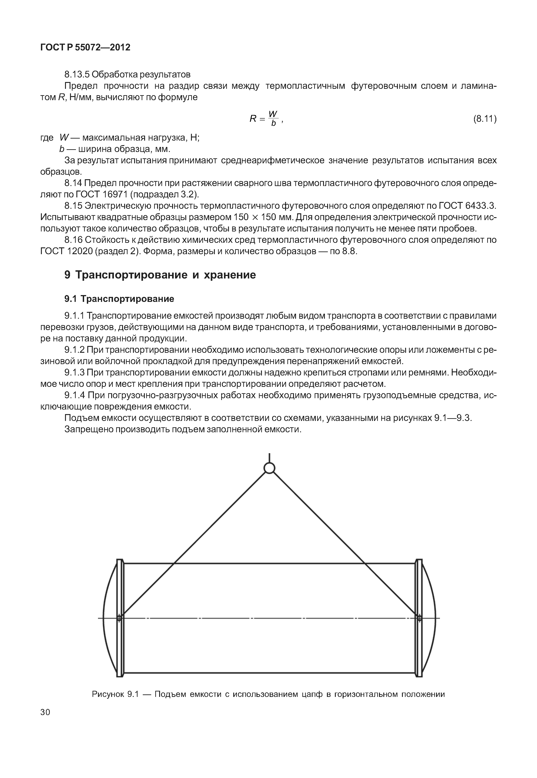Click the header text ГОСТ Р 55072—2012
85,47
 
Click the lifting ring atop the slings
269,468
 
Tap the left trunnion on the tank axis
119,618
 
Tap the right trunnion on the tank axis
419,618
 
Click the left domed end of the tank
110,618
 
